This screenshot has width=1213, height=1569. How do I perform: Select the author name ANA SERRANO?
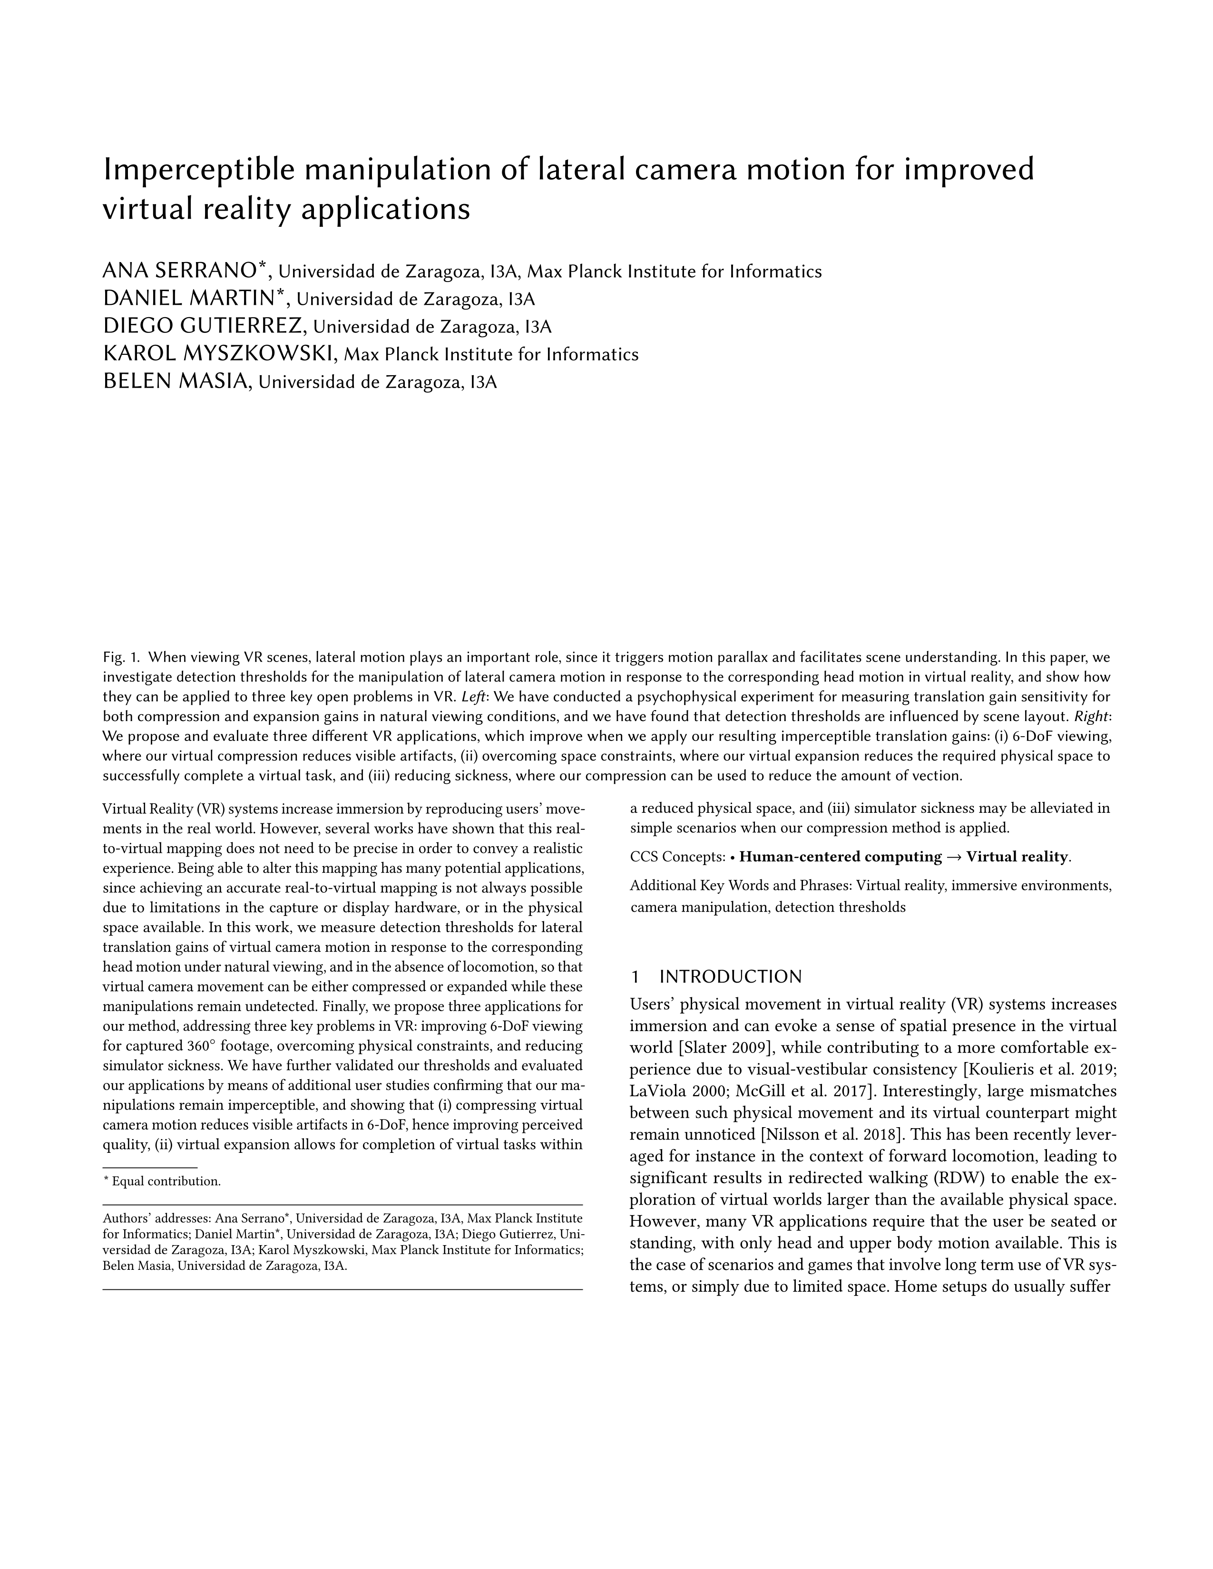180,271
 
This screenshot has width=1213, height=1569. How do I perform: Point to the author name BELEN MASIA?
176,381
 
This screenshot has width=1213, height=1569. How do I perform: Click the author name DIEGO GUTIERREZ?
204,327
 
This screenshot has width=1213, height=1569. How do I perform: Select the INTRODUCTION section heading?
730,977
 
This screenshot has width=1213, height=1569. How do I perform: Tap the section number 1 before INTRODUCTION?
635,977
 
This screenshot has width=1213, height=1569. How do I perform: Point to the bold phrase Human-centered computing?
840,857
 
